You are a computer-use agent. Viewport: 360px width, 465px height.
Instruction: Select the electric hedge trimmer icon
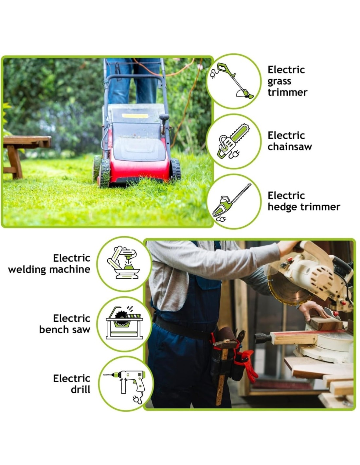pyautogui.click(x=232, y=202)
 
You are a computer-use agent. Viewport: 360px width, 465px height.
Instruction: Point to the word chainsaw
pyautogui.click(x=290, y=147)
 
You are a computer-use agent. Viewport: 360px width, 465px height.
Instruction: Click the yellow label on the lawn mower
pyautogui.click(x=135, y=116)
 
